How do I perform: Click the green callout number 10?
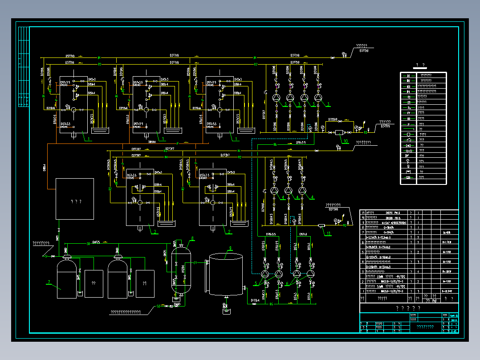click(346, 142)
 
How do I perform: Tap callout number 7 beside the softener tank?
click(50, 281)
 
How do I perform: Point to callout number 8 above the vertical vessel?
click(192, 238)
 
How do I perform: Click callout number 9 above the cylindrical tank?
click(231, 248)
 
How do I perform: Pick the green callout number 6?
click(288, 284)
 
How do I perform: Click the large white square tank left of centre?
click(74, 198)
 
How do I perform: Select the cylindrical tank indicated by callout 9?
click(226, 274)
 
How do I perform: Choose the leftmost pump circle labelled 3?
click(277, 97)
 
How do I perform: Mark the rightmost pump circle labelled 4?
click(302, 191)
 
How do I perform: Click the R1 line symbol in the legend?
click(408, 76)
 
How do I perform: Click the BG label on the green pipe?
click(275, 144)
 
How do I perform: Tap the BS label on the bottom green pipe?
click(271, 304)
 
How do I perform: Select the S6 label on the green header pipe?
click(88, 243)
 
